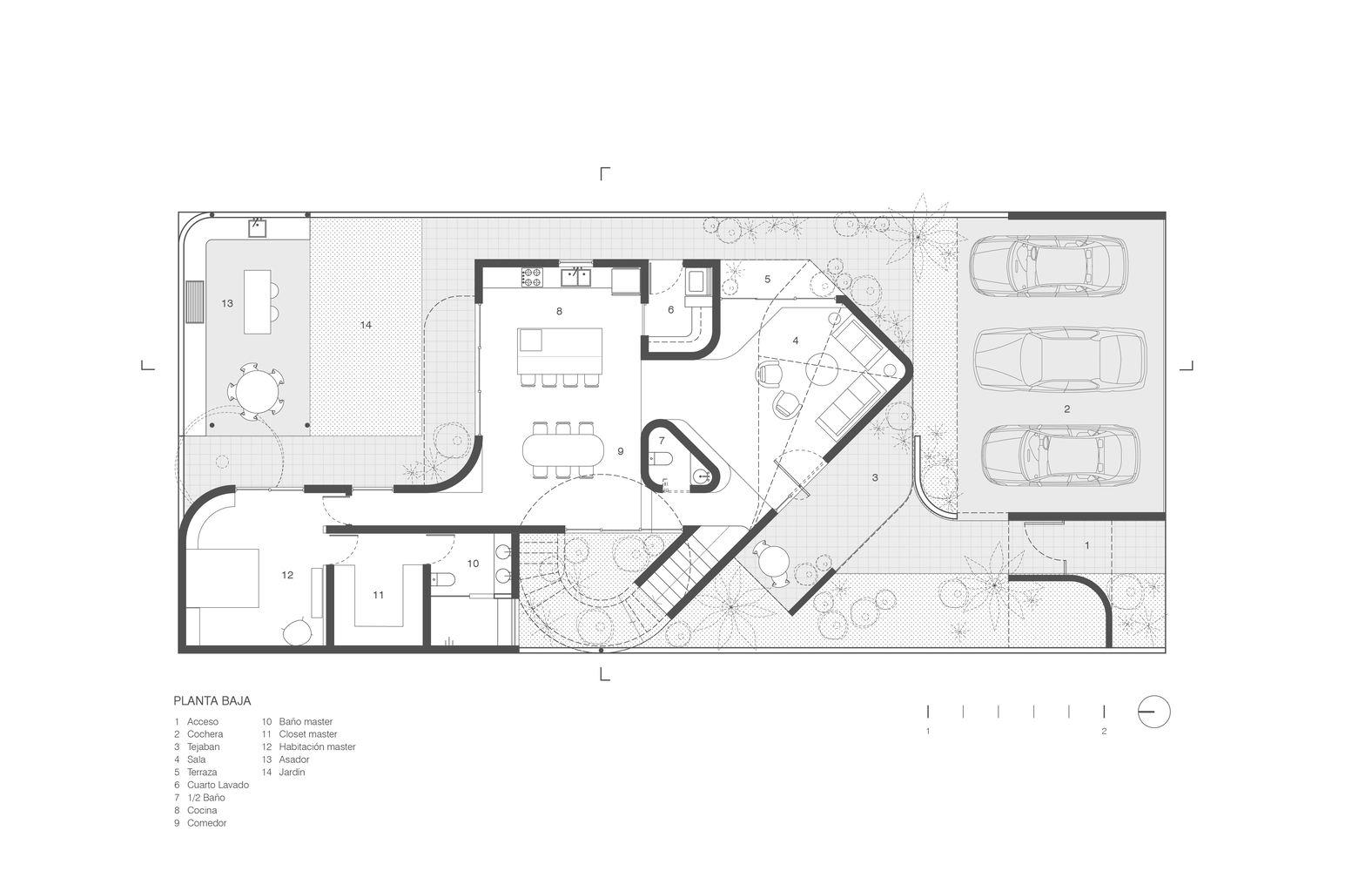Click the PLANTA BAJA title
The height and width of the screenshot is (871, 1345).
click(212, 701)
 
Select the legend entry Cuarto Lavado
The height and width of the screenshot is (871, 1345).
click(218, 785)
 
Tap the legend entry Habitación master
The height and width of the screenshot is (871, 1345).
click(317, 747)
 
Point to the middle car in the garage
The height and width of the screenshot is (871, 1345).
click(1059, 359)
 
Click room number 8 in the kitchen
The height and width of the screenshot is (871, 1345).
click(559, 311)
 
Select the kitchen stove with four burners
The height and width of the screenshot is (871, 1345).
click(532, 277)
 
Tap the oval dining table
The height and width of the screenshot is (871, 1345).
click(564, 450)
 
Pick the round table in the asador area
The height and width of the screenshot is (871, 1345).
click(257, 391)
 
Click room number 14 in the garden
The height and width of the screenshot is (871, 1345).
click(366, 325)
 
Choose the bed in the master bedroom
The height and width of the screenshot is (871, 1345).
click(222, 578)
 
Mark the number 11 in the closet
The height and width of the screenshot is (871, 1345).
click(378, 595)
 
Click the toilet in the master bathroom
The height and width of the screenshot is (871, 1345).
click(444, 580)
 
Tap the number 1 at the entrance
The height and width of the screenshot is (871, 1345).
click(1086, 545)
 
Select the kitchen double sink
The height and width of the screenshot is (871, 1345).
click(576, 278)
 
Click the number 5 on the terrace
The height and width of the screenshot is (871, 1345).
click(767, 279)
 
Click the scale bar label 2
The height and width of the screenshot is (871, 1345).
click(1104, 731)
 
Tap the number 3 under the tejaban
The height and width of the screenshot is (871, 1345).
click(875, 477)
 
